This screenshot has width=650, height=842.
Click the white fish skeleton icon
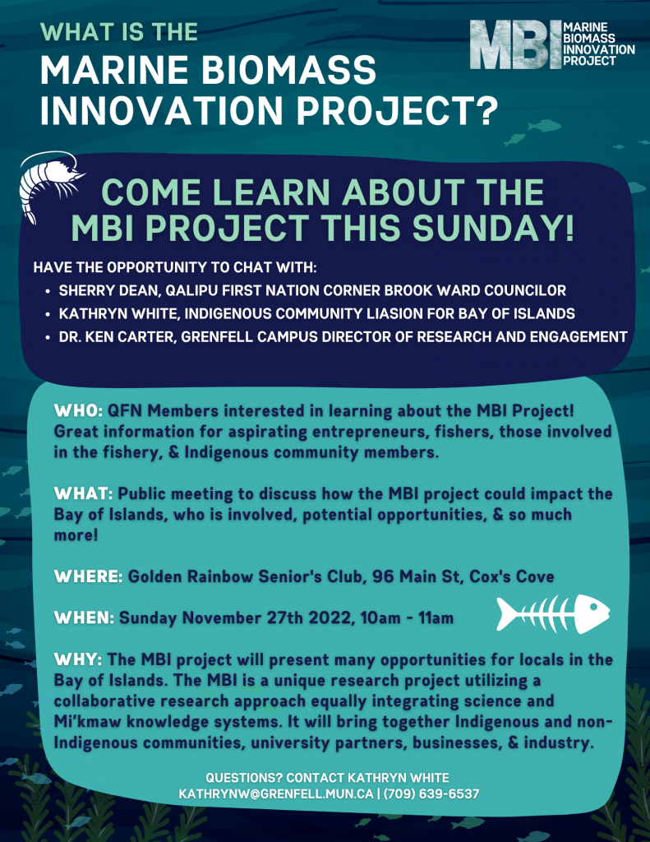click(553, 613)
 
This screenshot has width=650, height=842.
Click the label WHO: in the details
click(78, 411)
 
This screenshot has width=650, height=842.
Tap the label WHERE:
click(89, 576)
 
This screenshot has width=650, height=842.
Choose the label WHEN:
click(85, 618)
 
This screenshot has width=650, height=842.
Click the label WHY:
click(78, 659)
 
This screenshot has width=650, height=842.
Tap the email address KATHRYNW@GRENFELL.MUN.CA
click(276, 793)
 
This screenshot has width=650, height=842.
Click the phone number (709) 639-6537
click(431, 793)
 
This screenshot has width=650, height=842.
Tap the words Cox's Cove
click(511, 576)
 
